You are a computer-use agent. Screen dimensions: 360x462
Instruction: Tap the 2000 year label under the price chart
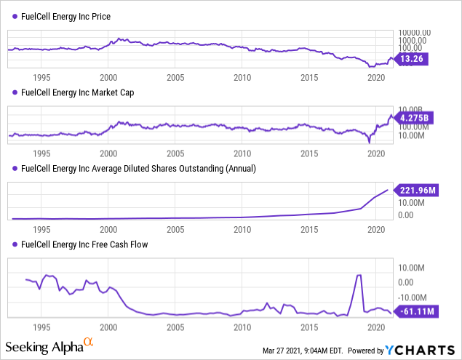(108, 77)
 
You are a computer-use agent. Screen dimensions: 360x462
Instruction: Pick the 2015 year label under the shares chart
(309, 229)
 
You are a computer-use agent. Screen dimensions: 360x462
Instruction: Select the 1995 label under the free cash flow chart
(41, 327)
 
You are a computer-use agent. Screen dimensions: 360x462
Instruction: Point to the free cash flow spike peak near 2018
(358, 275)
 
